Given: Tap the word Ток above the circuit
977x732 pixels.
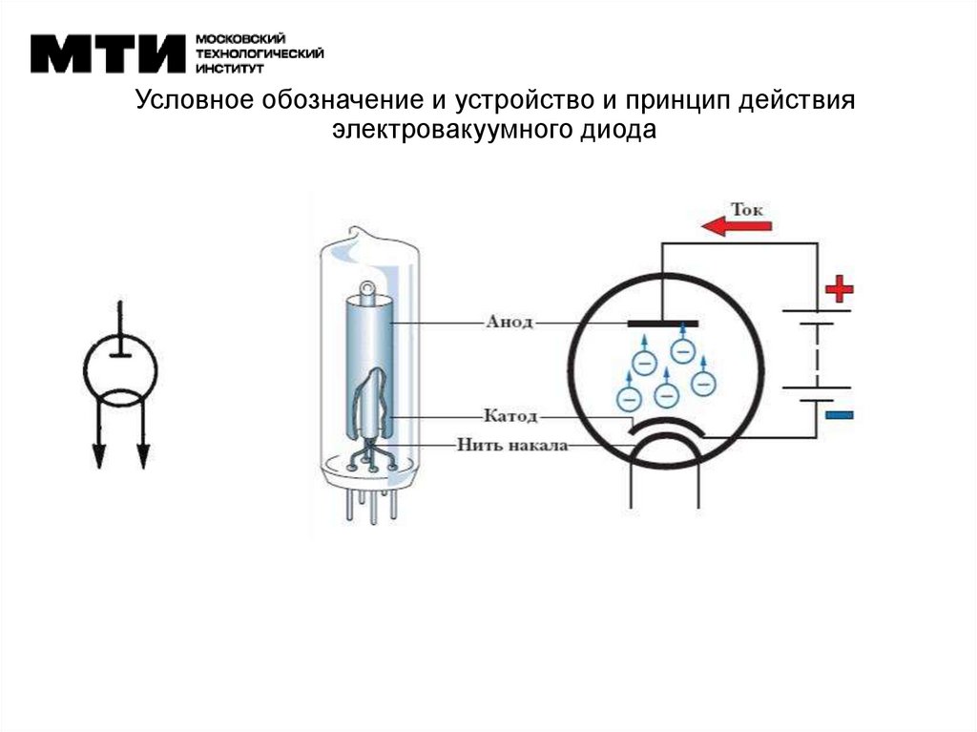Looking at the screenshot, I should tap(748, 207).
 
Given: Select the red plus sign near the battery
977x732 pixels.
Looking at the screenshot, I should tap(840, 287).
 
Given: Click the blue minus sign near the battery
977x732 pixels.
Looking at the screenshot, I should tap(840, 415).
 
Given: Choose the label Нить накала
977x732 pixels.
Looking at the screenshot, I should tap(512, 444).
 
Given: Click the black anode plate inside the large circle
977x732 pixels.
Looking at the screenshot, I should tap(663, 324).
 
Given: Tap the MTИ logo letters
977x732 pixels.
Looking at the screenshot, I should tap(107, 54).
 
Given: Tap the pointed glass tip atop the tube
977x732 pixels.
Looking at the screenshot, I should tap(354, 231).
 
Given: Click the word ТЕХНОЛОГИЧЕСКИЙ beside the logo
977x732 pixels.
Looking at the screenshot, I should tap(260, 53).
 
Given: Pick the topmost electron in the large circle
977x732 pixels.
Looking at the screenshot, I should tap(681, 349).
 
